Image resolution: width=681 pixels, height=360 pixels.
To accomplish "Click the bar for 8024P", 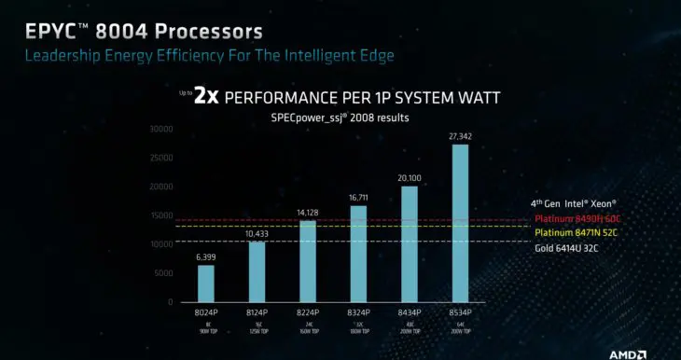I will [206, 284].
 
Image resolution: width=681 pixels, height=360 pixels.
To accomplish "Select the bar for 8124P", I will [257, 271].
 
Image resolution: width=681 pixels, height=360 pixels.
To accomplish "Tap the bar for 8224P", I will [307, 261].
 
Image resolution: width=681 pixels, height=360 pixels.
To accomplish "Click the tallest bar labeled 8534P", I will [460, 224].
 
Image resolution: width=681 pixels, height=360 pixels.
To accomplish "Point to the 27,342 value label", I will [460, 136].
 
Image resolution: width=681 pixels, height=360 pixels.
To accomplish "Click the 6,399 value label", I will [206, 256].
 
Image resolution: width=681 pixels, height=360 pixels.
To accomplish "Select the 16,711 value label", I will [358, 198].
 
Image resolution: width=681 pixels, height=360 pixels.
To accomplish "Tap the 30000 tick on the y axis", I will [161, 129].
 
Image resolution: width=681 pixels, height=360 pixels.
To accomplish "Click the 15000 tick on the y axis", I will [161, 215].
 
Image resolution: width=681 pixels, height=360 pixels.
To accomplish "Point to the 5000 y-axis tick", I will [163, 273].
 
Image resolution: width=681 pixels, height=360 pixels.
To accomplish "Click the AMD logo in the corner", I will [650, 353].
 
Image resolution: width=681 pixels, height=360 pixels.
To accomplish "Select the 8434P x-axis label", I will [409, 313].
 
